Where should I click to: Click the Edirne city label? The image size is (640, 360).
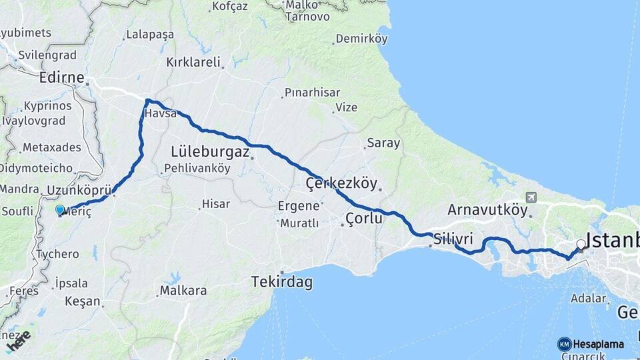tap(61, 78)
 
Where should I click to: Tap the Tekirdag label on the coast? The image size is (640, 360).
tap(282, 282)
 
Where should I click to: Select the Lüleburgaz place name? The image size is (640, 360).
tap(210, 151)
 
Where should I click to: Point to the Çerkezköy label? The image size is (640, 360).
tap(341, 183)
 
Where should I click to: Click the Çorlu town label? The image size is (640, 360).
tap(364, 218)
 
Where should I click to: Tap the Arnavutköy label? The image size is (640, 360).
tap(487, 209)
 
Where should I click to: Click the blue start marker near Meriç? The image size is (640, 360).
tap(60, 210)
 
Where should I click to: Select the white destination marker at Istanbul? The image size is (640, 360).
tap(581, 245)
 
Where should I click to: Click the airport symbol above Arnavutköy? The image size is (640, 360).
tap(531, 197)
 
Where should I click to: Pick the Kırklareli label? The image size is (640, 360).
tap(193, 62)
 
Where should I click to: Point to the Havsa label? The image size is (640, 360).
tap(160, 113)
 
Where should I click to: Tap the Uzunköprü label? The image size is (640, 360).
tap(79, 191)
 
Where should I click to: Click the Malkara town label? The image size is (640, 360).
tap(183, 291)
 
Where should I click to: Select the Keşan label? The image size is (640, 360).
tap(83, 301)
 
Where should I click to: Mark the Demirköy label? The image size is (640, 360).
tap(361, 39)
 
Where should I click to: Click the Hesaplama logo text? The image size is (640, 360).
tap(598, 344)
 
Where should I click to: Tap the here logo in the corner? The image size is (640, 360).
tap(18, 341)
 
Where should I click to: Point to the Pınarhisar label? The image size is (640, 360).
tap(312, 93)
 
